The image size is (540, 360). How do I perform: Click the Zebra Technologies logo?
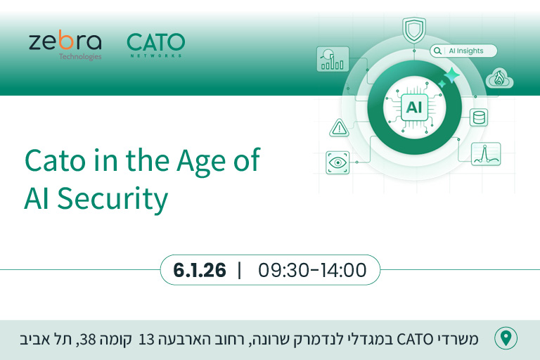click(x=65, y=45)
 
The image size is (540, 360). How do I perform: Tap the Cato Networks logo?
click(x=155, y=45)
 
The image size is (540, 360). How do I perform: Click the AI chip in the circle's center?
click(x=414, y=107)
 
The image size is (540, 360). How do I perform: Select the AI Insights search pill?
click(x=463, y=51)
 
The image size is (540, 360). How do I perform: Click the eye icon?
click(x=339, y=162)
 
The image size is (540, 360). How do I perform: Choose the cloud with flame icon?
click(x=500, y=77)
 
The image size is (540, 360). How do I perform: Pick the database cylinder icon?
click(x=480, y=116)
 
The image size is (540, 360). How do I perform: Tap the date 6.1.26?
click(x=199, y=270)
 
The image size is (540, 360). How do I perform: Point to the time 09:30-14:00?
click(x=312, y=270)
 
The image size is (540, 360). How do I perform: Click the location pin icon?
click(x=506, y=339)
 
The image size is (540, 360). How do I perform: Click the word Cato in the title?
click(x=55, y=162)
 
